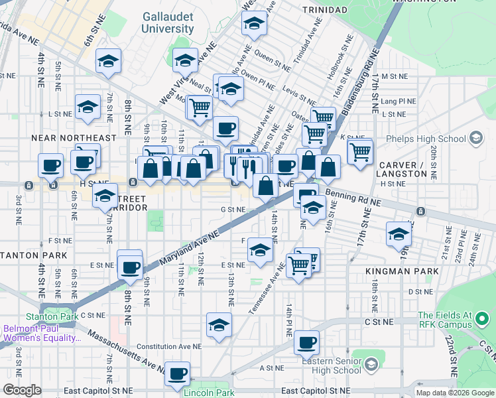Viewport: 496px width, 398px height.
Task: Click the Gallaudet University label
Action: (x=167, y=23)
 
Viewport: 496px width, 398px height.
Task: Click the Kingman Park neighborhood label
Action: (x=402, y=271)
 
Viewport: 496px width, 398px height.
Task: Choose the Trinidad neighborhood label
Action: (x=324, y=10)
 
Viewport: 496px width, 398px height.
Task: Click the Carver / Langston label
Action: (x=403, y=168)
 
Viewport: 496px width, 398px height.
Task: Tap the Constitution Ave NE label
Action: (x=169, y=346)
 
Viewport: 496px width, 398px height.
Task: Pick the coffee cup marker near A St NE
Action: (x=177, y=373)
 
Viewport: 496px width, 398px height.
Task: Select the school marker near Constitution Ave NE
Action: (x=219, y=325)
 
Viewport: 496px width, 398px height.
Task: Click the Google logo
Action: (x=22, y=390)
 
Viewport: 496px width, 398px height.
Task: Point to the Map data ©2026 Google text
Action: (x=456, y=393)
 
